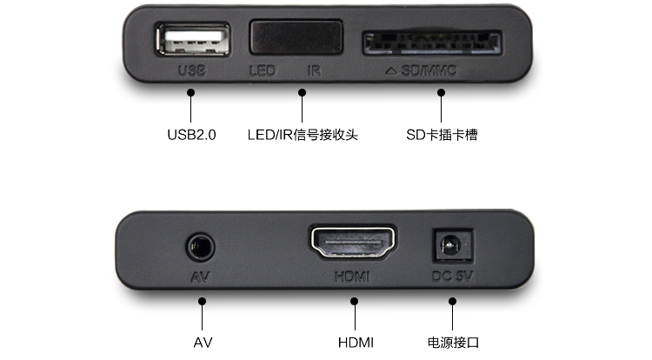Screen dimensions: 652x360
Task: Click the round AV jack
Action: tap(201, 246)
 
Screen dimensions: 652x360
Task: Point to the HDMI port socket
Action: tap(352, 244)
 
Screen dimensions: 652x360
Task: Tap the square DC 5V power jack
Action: tap(452, 246)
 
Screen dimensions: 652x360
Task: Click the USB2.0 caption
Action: tap(191, 136)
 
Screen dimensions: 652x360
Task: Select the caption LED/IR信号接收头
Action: tap(303, 136)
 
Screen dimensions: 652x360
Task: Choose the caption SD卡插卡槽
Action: tap(441, 136)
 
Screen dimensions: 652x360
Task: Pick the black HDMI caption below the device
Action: tap(355, 342)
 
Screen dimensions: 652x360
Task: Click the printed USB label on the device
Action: tap(190, 70)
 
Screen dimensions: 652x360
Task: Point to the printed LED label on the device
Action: tap(261, 70)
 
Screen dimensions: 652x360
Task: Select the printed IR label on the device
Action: tap(314, 70)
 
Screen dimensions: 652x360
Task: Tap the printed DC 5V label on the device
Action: tap(452, 277)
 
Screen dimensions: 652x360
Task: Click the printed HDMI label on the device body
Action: tap(351, 277)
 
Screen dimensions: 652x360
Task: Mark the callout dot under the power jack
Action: tap(452, 302)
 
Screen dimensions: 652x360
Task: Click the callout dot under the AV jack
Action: tap(202, 302)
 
